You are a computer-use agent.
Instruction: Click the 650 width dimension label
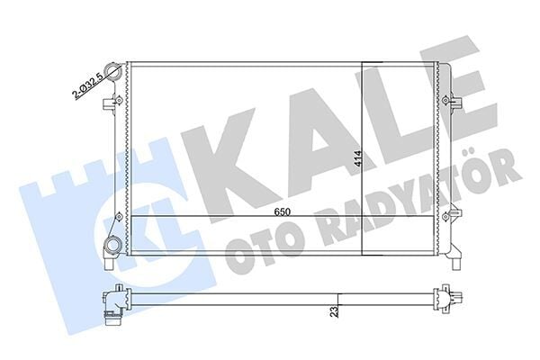283,211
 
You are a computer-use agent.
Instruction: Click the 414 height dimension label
358,159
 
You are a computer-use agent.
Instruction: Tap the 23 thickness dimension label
334,311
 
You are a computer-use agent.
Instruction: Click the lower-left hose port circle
112,246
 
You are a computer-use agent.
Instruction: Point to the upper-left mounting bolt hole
118,100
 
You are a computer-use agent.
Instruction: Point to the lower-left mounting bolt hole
118,217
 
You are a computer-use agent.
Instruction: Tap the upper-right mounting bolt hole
445,100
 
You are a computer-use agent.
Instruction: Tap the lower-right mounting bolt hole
445,217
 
